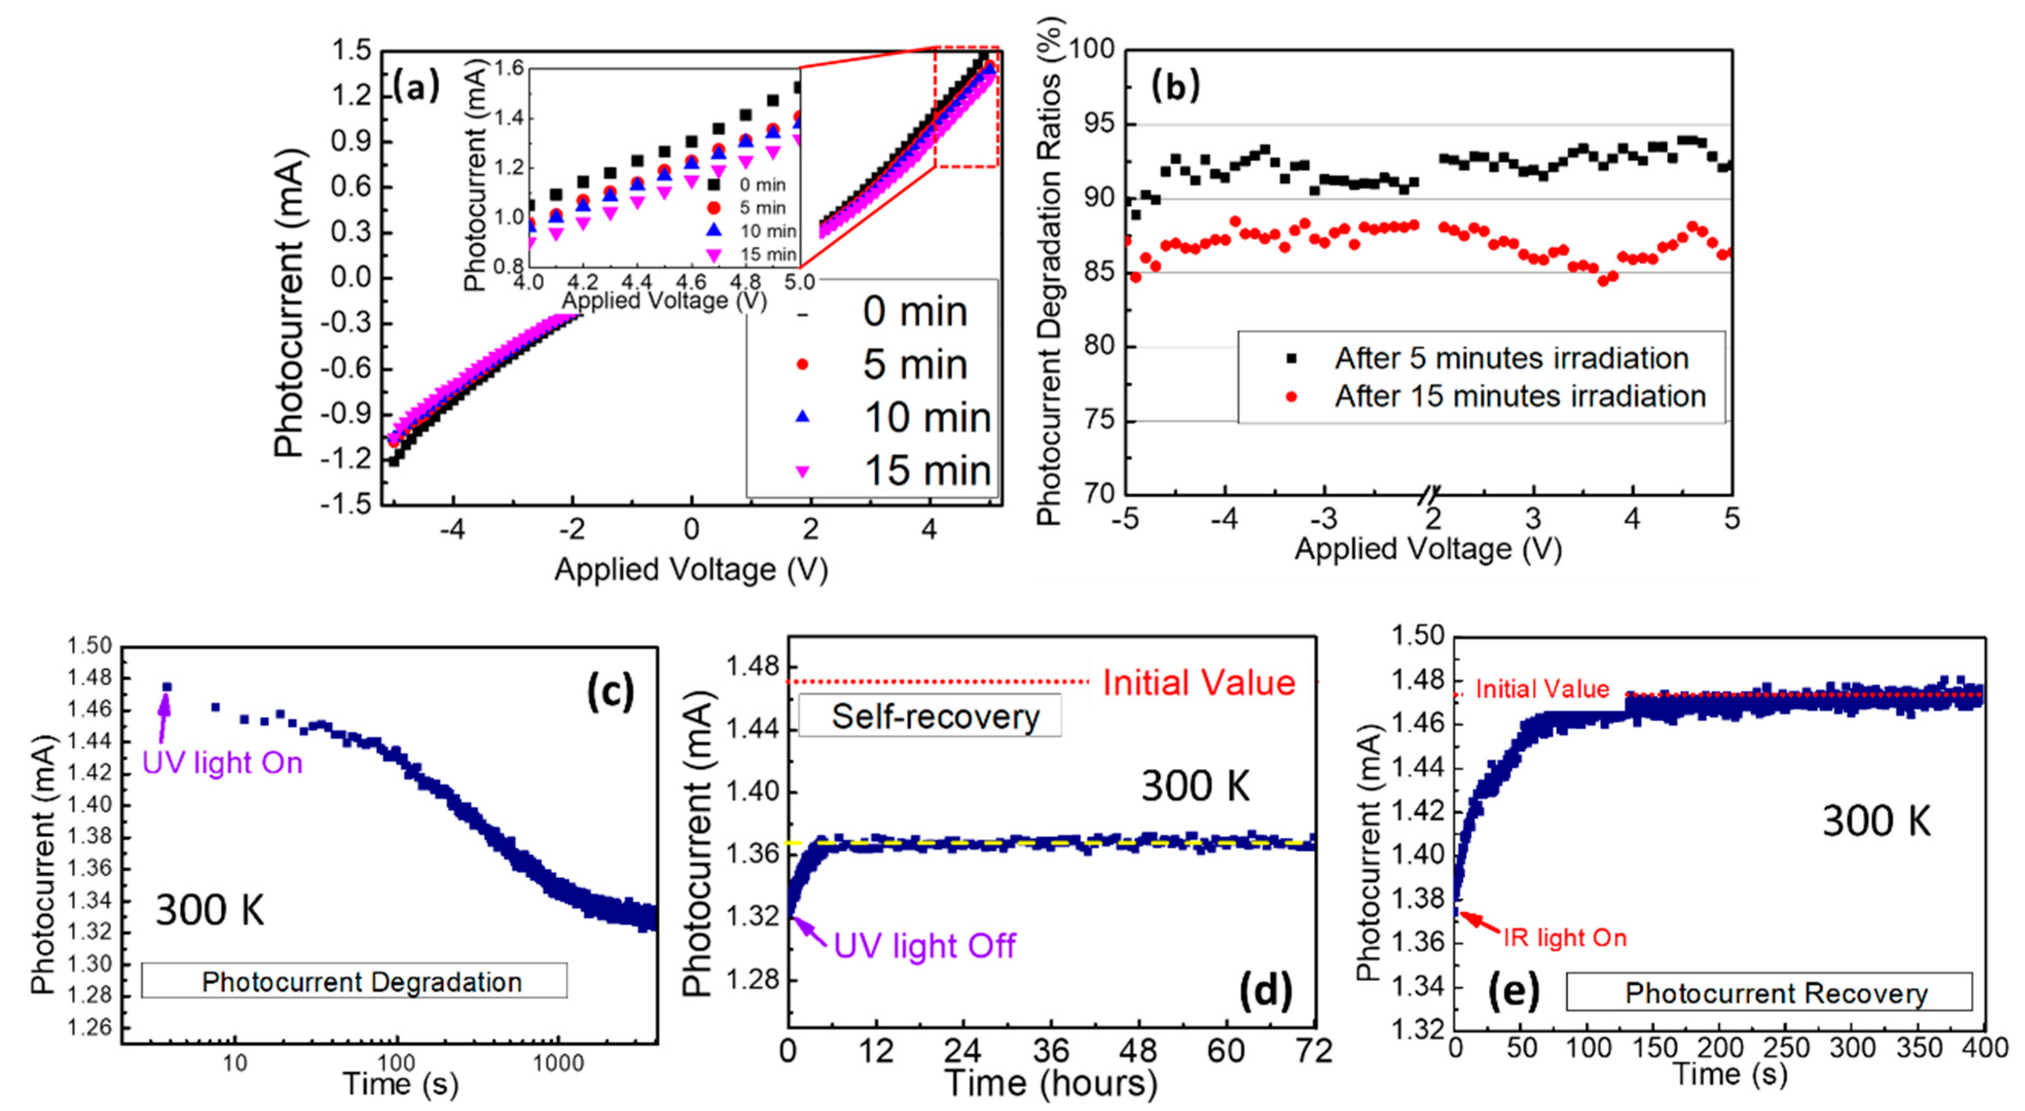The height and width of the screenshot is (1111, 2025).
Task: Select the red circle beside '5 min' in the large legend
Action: [803, 364]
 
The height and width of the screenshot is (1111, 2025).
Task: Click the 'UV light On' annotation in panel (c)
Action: [223, 763]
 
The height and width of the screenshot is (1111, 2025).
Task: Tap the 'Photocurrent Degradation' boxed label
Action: [362, 981]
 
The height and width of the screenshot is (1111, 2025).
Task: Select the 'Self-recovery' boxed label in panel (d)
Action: [935, 716]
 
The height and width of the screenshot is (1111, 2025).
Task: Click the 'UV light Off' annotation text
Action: [924, 945]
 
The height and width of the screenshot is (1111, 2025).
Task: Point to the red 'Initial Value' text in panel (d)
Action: [1198, 682]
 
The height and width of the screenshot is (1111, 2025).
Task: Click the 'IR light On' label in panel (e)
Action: [1564, 937]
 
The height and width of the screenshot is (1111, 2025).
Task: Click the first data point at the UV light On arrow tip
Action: [167, 687]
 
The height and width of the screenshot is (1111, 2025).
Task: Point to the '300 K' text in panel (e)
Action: [1876, 821]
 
